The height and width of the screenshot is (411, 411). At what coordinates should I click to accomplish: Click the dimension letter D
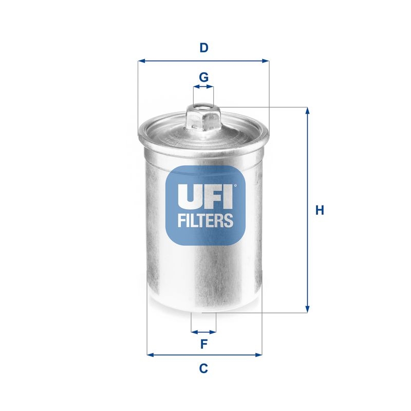pyautogui.click(x=204, y=48)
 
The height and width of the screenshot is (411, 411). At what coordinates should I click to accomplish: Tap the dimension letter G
pyautogui.click(x=203, y=78)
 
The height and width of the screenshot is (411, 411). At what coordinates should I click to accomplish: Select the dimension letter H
pyautogui.click(x=320, y=210)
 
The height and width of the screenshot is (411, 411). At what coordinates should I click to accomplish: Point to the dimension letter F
pyautogui.click(x=203, y=344)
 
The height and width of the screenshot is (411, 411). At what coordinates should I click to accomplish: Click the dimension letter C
pyautogui.click(x=203, y=368)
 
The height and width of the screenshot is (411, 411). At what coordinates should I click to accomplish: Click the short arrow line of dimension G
pyautogui.click(x=203, y=88)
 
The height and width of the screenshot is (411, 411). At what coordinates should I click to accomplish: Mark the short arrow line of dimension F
pyautogui.click(x=203, y=331)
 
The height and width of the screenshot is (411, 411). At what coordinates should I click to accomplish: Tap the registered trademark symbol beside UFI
pyautogui.click(x=236, y=186)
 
